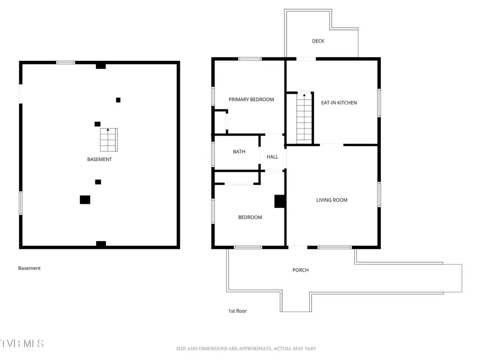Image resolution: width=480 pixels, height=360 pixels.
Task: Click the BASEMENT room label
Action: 100,159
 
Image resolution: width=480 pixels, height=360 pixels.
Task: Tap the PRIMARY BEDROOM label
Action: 251,100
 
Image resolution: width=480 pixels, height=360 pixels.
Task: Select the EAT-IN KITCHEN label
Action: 339,103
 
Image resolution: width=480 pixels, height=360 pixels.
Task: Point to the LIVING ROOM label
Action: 332,200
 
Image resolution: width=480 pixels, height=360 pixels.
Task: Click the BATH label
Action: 239,152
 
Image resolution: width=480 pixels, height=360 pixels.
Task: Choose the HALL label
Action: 273,157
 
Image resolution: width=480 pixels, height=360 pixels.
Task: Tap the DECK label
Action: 318,41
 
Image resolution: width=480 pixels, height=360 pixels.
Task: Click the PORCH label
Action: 300,270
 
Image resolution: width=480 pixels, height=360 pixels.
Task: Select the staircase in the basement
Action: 108,140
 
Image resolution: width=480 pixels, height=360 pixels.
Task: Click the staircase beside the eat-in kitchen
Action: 304,118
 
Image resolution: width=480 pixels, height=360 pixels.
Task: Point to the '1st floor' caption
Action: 237,311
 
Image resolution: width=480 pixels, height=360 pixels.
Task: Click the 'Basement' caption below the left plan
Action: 29,268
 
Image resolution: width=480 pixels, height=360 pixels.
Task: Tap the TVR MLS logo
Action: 22,343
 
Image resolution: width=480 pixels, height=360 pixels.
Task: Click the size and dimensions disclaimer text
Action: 246,349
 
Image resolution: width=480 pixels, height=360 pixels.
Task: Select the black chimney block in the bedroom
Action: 279,201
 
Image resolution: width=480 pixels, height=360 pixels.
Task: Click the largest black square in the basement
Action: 85,199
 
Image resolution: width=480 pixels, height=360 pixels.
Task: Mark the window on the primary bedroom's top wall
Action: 250,59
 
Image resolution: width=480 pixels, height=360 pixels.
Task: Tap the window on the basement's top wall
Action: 66,62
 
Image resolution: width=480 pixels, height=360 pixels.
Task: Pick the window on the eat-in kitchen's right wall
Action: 379,102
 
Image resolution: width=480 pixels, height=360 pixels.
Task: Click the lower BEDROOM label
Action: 250,218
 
